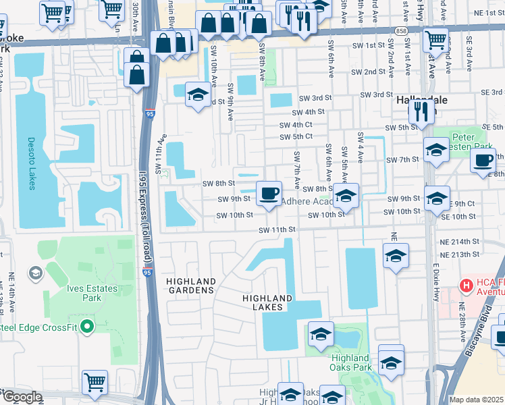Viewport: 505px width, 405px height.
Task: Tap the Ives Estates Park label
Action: tap(92, 293)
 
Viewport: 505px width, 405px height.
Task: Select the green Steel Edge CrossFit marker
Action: tap(86, 327)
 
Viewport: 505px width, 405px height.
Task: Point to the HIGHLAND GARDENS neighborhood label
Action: tap(191, 286)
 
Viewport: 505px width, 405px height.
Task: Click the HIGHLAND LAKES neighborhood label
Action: tap(267, 302)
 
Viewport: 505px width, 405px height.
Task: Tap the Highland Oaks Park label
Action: tap(351, 362)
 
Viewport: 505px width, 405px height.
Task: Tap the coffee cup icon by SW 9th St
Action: tap(269, 192)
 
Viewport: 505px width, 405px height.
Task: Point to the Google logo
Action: tap(22, 397)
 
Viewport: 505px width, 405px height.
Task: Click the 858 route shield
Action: tap(401, 31)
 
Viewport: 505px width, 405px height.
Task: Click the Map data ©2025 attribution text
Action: tap(476, 400)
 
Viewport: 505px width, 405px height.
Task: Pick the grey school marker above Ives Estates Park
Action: tap(34, 273)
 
